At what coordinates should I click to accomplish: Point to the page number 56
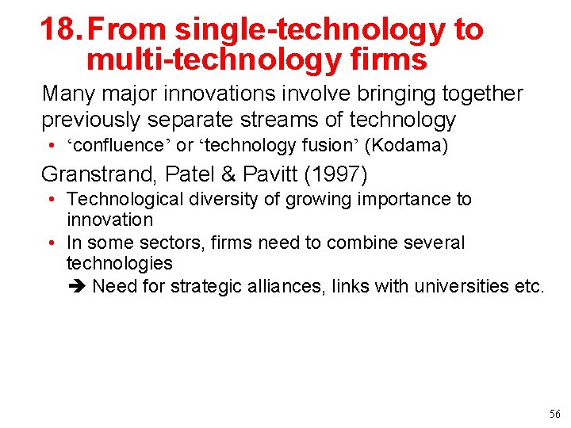coord(554,415)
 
